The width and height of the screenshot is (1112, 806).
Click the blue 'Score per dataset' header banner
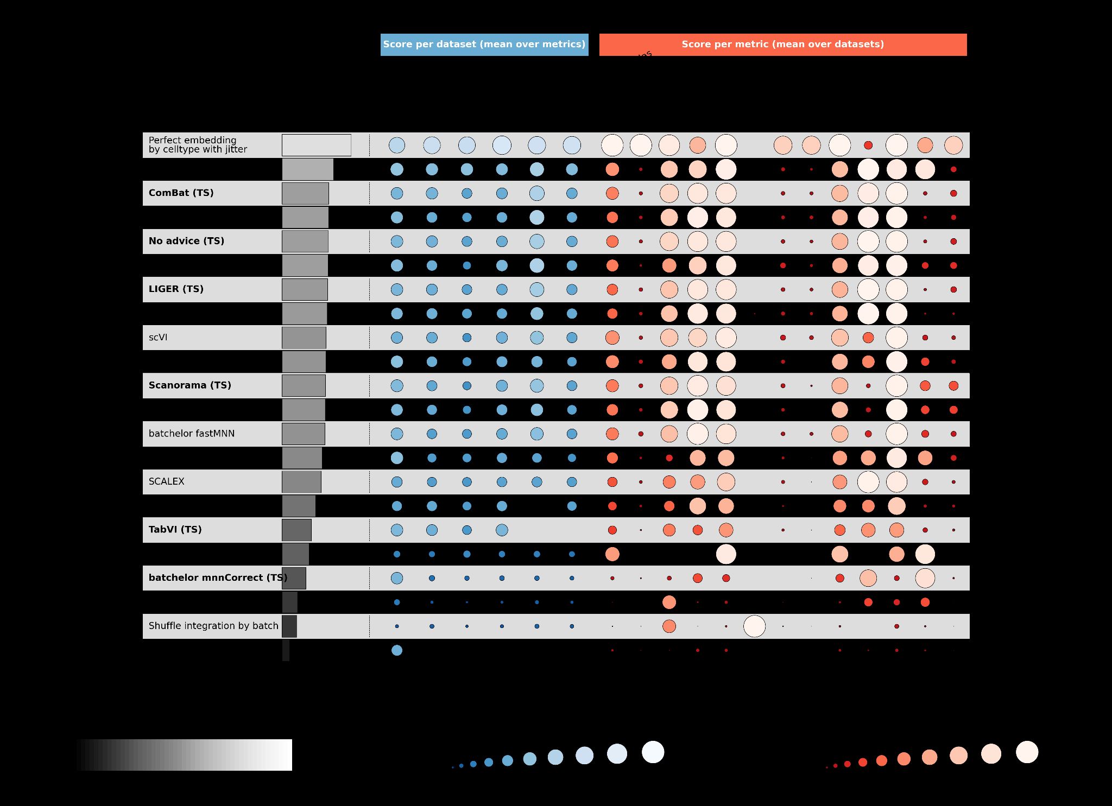tap(484, 45)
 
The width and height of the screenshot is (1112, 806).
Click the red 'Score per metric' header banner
tap(782, 45)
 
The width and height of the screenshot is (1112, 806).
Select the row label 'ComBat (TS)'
tap(181, 193)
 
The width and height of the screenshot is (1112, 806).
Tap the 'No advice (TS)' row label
tap(186, 241)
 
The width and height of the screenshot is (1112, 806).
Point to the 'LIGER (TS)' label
tap(176, 289)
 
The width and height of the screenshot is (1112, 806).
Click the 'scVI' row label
tap(158, 338)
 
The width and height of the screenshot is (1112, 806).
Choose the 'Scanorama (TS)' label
tap(190, 385)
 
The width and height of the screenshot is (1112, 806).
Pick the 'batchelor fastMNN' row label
tap(192, 434)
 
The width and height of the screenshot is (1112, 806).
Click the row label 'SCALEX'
tap(167, 481)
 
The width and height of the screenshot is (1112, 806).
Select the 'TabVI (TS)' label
tap(175, 530)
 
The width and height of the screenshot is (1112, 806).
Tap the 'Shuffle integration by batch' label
tap(213, 626)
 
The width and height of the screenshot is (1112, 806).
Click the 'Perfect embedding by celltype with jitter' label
tap(198, 145)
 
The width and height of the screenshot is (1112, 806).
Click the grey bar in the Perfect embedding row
tap(316, 145)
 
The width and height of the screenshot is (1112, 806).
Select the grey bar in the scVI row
tap(304, 338)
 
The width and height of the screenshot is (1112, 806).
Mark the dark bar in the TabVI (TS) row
tap(296, 530)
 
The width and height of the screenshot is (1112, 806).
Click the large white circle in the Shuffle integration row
tap(754, 626)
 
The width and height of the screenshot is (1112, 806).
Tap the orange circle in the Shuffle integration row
tap(669, 626)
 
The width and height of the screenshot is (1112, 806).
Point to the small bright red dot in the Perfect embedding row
tap(868, 145)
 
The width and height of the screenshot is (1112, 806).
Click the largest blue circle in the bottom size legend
tap(653, 752)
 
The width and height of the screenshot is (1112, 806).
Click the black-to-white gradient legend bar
tap(184, 754)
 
